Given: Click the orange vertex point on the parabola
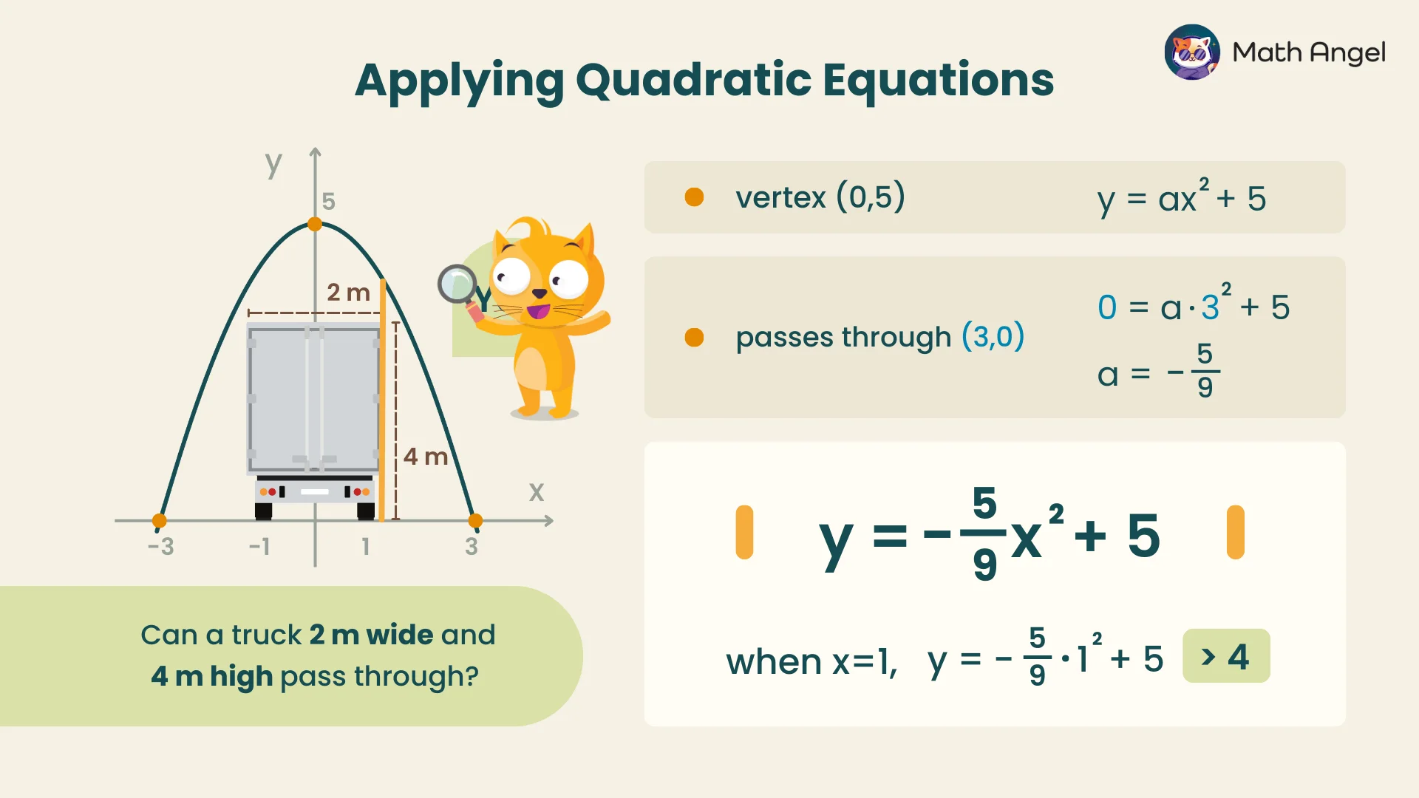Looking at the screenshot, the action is tap(315, 224).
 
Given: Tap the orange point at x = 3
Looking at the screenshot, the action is tap(475, 521).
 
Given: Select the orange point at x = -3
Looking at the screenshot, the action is tap(159, 521).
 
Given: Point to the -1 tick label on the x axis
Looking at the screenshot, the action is tap(259, 547).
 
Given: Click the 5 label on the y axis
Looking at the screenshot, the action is tap(329, 201).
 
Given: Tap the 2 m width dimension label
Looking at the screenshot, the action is tap(348, 293).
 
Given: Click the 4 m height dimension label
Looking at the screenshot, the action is tap(426, 457).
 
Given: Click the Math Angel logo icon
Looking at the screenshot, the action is tap(1192, 52).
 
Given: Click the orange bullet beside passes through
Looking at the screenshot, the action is tap(694, 338).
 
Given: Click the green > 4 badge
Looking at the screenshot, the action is tap(1226, 656).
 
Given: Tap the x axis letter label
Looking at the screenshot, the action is tap(537, 492).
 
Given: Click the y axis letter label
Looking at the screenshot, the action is tap(273, 164).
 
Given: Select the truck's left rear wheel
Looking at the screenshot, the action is tap(264, 511).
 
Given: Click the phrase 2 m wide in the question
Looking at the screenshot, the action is tap(371, 635).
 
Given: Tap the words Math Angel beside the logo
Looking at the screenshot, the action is tap(1309, 52).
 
